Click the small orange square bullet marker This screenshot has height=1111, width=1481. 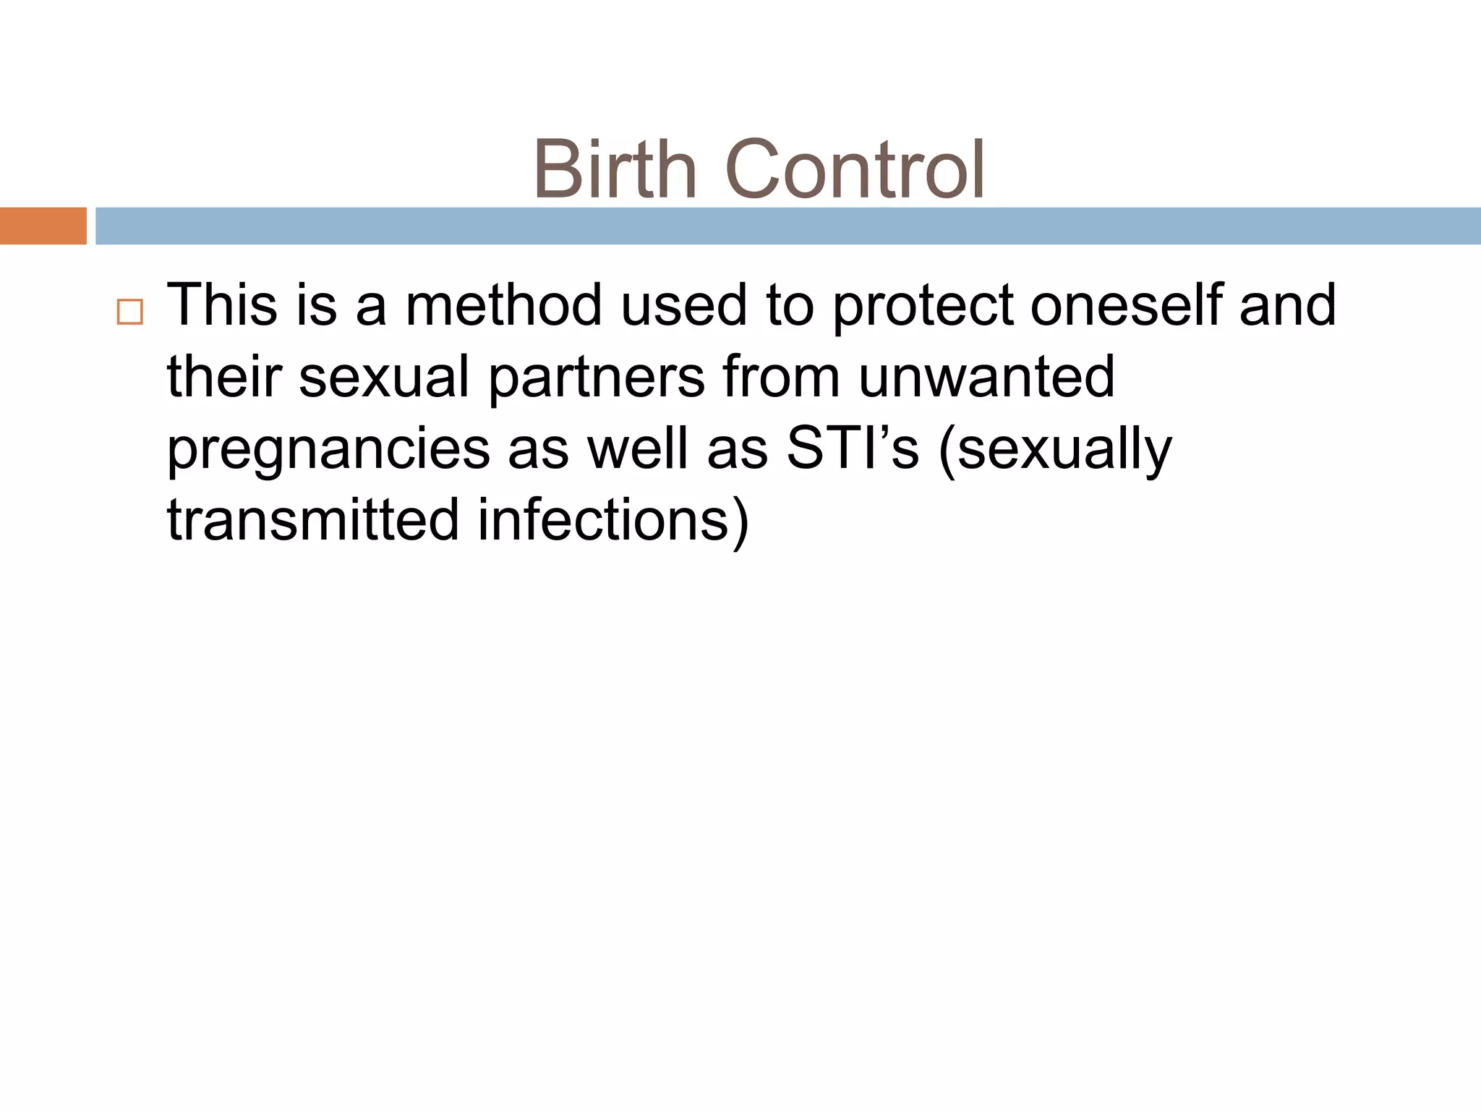coord(130,312)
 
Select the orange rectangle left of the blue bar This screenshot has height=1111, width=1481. coord(43,226)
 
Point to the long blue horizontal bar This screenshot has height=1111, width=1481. coord(788,226)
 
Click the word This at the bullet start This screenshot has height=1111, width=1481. coord(222,305)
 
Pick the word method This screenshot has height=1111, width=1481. coord(503,305)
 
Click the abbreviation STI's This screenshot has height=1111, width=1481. coord(852,448)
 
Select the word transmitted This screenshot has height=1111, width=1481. coord(312,520)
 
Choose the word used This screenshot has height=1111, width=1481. coord(683,305)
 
